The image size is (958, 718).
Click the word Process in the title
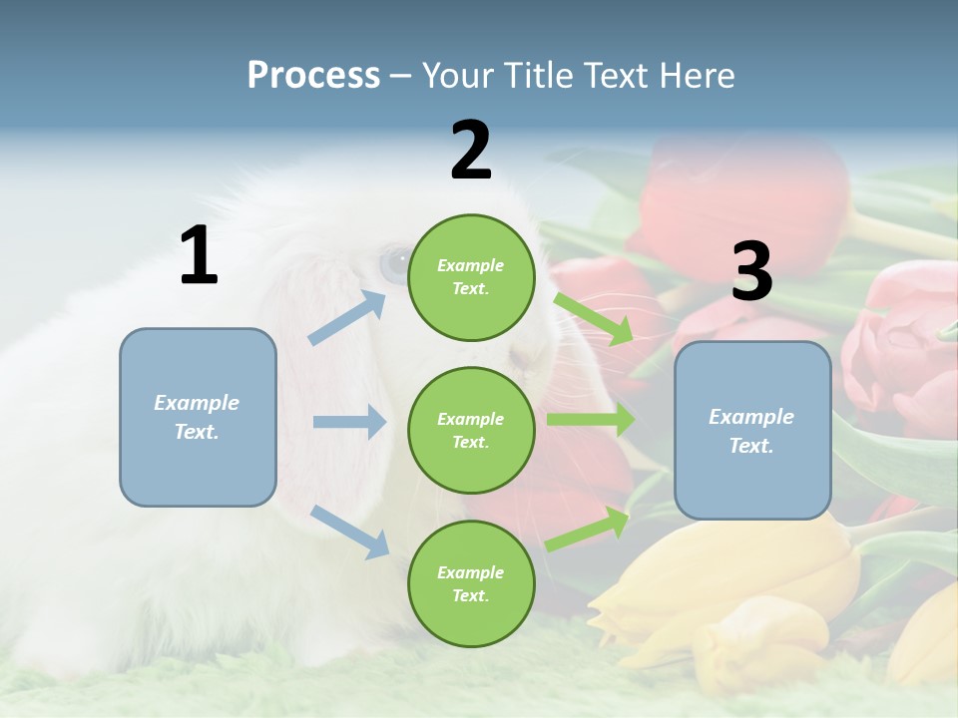(313, 76)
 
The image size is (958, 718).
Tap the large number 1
(199, 256)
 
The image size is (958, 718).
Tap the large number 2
(471, 151)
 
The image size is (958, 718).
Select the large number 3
(751, 271)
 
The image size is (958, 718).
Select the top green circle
(471, 277)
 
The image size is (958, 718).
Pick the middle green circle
(471, 430)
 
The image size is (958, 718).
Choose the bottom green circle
(471, 583)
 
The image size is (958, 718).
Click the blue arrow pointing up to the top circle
(348, 317)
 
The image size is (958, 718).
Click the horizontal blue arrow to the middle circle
(349, 422)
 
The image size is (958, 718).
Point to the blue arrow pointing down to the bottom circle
(350, 531)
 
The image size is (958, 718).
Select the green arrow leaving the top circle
(593, 318)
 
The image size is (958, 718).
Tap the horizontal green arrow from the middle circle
(590, 419)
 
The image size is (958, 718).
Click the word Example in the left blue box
(197, 402)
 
